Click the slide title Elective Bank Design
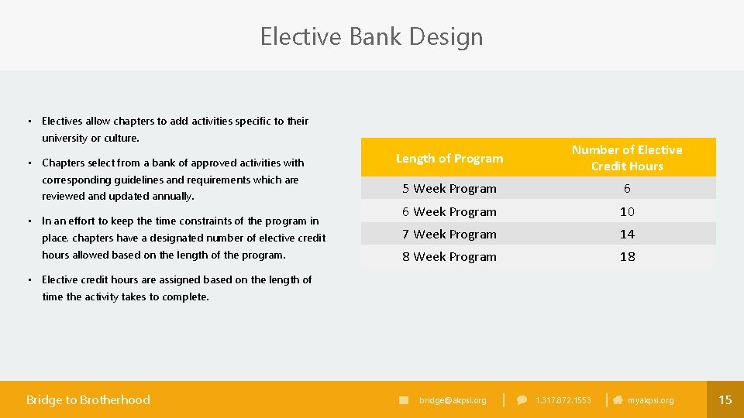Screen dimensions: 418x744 point(371,36)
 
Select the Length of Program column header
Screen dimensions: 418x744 point(449,159)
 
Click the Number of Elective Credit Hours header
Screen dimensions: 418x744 point(627,158)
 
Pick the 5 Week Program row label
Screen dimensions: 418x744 point(449,189)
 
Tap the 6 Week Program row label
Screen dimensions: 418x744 point(449,211)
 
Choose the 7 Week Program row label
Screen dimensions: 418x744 point(449,234)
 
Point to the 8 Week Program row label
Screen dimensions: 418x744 point(449,257)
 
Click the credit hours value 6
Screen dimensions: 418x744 point(627,189)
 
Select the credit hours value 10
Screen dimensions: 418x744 point(627,211)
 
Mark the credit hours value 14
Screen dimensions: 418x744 point(627,234)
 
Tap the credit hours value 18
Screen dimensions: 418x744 point(627,257)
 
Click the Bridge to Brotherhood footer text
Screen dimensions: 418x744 point(88,399)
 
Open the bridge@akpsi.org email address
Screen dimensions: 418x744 point(453,400)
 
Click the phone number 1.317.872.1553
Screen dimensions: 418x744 point(563,400)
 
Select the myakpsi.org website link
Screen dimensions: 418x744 point(650,400)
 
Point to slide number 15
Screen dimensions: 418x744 point(725,399)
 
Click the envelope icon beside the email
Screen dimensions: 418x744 point(404,400)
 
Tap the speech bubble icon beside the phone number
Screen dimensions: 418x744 point(522,400)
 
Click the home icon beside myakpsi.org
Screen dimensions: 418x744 point(618,400)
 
